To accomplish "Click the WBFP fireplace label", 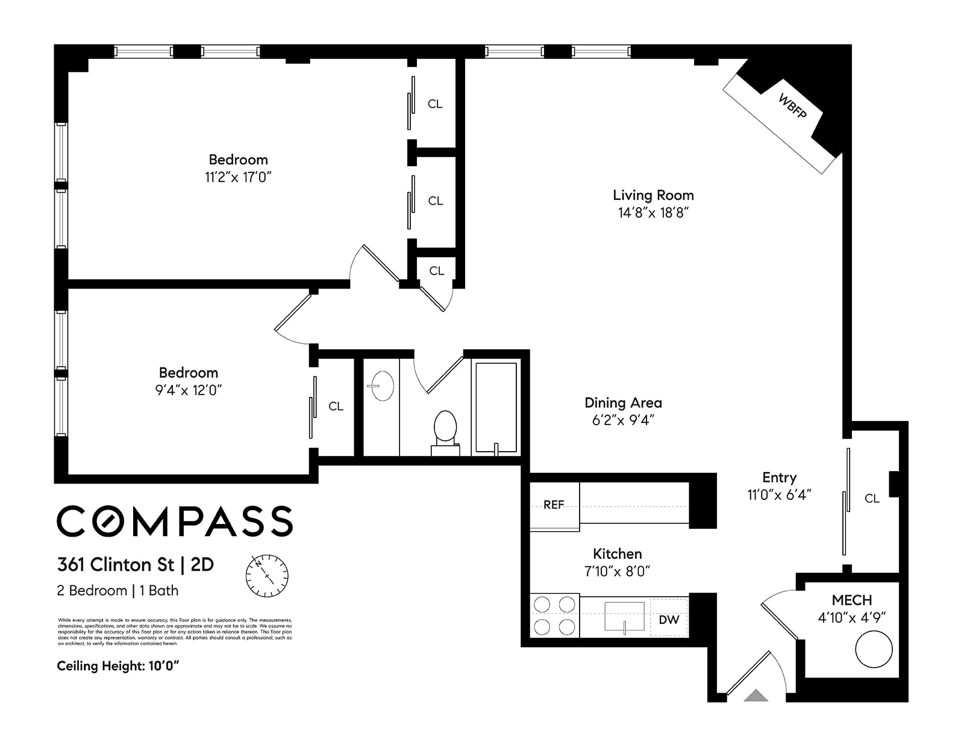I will (x=792, y=106).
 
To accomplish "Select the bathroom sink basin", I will (x=381, y=386).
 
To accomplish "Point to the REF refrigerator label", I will (x=554, y=505).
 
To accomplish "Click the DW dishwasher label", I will (x=669, y=619).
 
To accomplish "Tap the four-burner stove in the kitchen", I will (x=554, y=616).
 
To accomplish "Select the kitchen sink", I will (x=624, y=617).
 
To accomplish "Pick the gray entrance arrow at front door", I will (x=756, y=696).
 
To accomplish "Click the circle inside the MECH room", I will (x=873, y=649).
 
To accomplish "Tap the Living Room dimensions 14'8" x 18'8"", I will (x=653, y=213).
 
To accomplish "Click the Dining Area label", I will (x=623, y=402).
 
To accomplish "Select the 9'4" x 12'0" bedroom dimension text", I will (x=188, y=390).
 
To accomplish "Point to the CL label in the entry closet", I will (x=872, y=498).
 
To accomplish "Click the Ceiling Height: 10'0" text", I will (x=118, y=666).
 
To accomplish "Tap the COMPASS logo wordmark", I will (x=175, y=521).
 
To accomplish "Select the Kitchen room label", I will (x=617, y=553).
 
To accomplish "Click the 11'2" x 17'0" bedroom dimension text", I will (x=238, y=177).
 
